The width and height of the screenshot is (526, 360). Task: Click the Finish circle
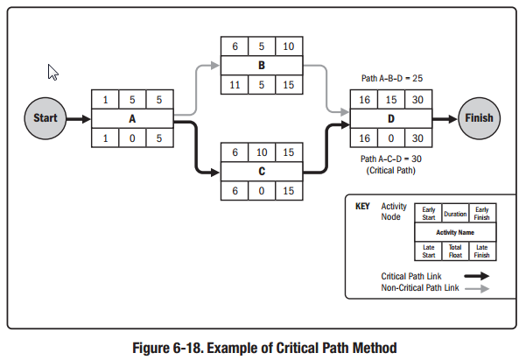(480, 117)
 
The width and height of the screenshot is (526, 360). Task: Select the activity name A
(132, 118)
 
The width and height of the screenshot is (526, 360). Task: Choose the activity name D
(390, 118)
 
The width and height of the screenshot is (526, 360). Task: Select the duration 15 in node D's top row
(390, 100)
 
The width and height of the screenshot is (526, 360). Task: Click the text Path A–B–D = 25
(390, 79)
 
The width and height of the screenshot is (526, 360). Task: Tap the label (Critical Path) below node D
(390, 171)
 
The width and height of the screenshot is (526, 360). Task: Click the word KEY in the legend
(363, 208)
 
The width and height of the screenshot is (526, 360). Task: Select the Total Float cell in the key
(453, 251)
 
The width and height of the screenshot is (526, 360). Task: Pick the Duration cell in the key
(455, 214)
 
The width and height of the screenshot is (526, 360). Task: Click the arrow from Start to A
(77, 118)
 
